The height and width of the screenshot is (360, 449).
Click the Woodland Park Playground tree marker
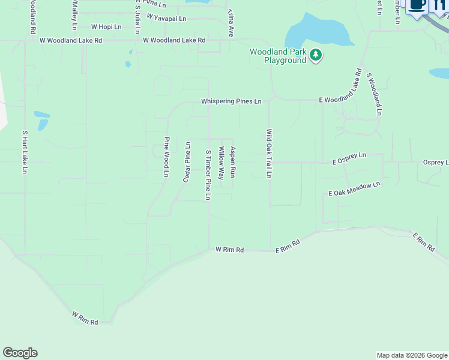(316, 56)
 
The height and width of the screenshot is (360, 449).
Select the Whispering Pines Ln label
(231, 101)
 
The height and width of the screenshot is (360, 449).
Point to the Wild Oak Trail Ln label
(269, 154)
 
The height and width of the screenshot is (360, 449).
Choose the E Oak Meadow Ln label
(354, 189)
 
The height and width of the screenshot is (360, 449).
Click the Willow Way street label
(221, 164)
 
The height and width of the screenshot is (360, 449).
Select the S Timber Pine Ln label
(208, 175)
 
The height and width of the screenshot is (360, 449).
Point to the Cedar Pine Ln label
(187, 163)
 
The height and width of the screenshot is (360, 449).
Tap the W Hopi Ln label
(106, 27)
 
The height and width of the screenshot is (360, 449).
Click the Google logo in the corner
(20, 353)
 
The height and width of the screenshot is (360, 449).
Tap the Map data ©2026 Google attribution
(412, 355)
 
